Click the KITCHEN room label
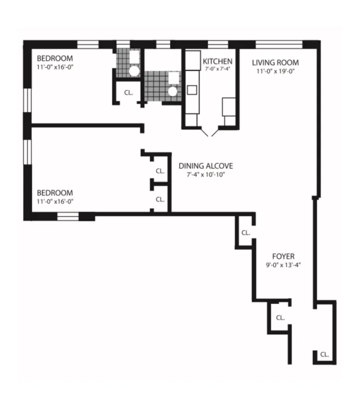[x=218, y=61]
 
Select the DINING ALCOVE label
[x=205, y=166]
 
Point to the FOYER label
[x=283, y=256]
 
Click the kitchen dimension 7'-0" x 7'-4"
[x=218, y=70]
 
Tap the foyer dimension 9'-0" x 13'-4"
[x=283, y=265]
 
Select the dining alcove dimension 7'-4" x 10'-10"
[x=205, y=175]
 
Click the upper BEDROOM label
[x=55, y=58]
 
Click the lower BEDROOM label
[x=55, y=193]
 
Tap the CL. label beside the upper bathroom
[x=128, y=93]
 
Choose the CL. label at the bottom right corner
[x=324, y=354]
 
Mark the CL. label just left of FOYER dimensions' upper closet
[x=245, y=232]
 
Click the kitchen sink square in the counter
[x=192, y=90]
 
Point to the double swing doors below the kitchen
[x=210, y=131]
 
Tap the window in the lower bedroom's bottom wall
[x=68, y=216]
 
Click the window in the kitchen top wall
[x=218, y=44]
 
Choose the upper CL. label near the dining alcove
[x=160, y=171]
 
